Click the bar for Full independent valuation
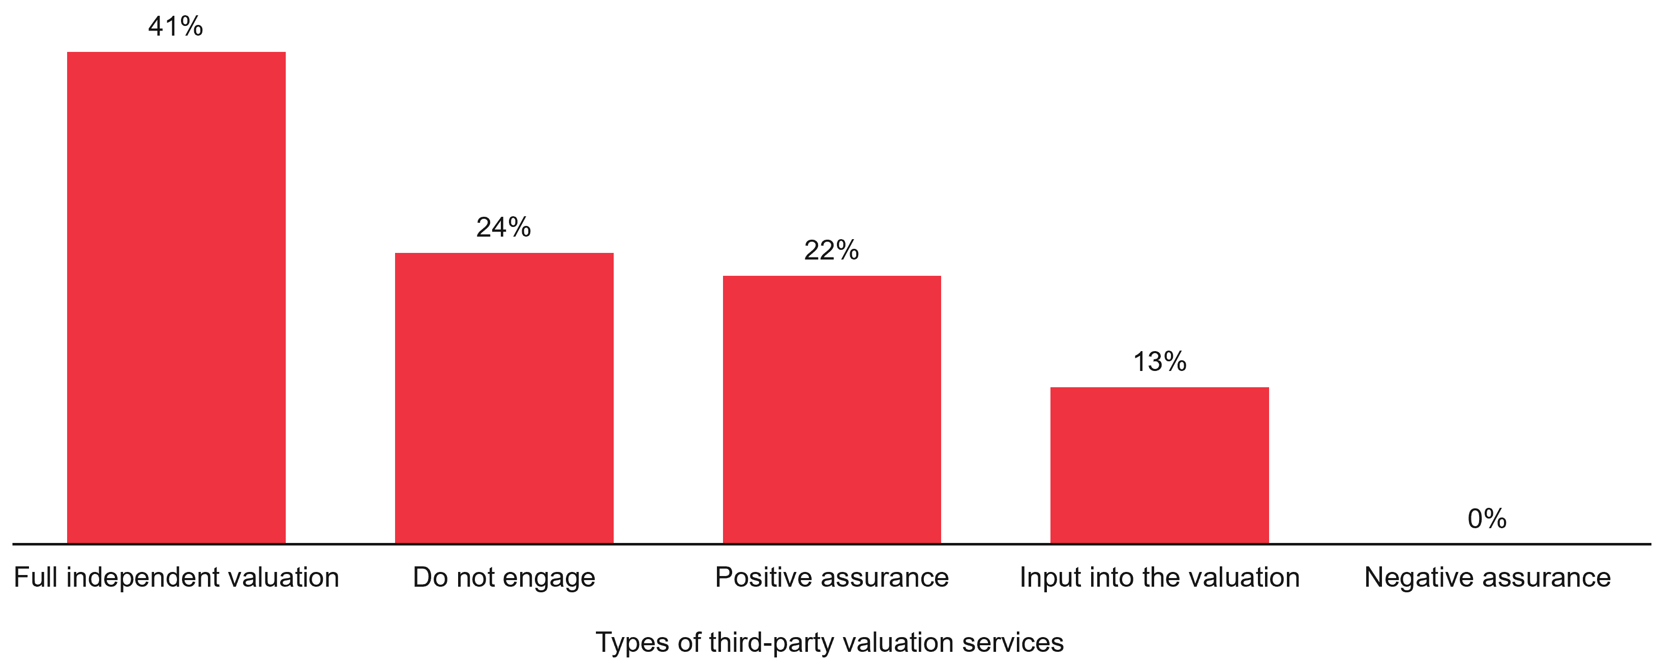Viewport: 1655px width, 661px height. pos(176,297)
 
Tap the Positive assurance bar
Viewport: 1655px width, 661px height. pos(831,409)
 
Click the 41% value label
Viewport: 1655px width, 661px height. pos(175,27)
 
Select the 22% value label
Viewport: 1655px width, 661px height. pos(831,251)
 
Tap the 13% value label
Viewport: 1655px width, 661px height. pos(1159,362)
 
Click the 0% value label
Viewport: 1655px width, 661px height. pos(1487,519)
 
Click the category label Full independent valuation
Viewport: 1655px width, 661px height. pos(176,578)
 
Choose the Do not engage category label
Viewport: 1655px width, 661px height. pos(504,578)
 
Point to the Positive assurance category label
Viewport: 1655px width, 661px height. pos(831,578)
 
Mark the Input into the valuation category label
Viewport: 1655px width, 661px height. pos(1159,578)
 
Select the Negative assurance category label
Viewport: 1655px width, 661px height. pos(1487,578)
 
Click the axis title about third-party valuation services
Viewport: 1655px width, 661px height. pos(829,642)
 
